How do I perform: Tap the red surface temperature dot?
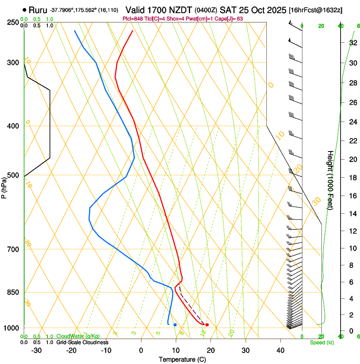(x=207, y=325)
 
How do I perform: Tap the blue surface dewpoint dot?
(x=175, y=325)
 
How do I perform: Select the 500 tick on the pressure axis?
(x=13, y=175)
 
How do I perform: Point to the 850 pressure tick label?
(x=13, y=292)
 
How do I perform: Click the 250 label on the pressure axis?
(x=13, y=22)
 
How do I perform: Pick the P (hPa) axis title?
(x=4, y=186)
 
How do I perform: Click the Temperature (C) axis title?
(x=182, y=359)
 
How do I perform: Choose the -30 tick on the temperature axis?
(x=36, y=350)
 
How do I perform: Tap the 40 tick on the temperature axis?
(x=280, y=350)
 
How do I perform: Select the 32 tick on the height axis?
(x=353, y=43)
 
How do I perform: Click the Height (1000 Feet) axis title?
(x=330, y=180)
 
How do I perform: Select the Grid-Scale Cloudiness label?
(x=82, y=342)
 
